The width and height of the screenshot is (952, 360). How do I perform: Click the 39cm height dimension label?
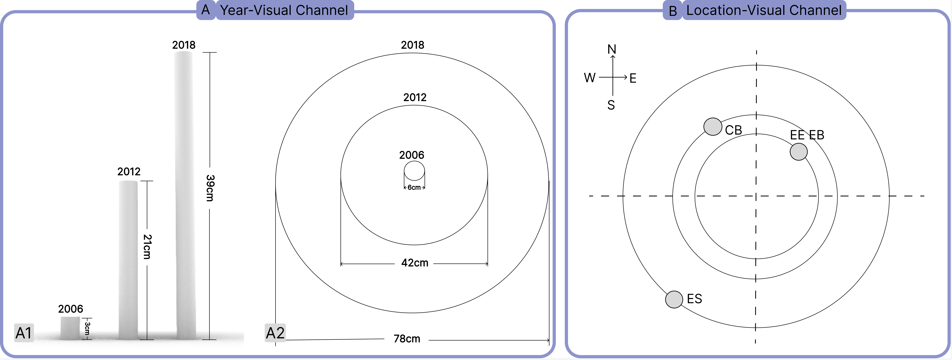pos(210,188)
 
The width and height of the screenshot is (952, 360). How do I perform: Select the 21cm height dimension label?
pos(147,247)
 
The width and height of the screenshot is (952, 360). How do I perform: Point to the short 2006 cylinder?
pos(70,328)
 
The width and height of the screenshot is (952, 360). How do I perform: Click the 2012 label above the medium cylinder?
pos(129,171)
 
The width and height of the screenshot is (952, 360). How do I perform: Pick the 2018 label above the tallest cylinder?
pos(184,45)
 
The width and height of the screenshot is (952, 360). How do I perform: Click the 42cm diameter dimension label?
pos(415,263)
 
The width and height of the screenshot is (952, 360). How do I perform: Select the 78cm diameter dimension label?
pos(407,339)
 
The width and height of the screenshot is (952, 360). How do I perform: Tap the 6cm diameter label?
pos(414,187)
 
